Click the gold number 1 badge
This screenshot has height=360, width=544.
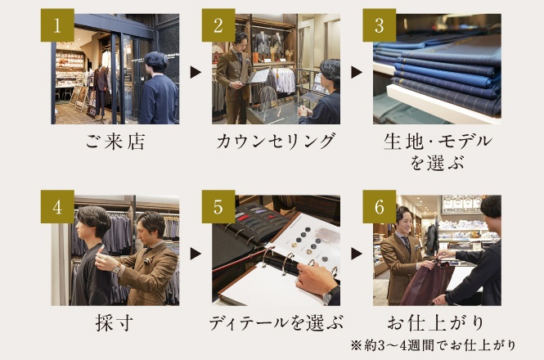[57, 25]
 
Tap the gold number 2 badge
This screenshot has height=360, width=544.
[218, 25]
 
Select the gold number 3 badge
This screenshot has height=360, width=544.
[380, 25]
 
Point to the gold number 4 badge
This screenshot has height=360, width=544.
[57, 206]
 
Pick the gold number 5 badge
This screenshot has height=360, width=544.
[218, 206]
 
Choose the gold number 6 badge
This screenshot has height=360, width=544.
[380, 206]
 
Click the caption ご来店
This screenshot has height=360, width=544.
[115, 142]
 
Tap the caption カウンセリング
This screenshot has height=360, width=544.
[276, 142]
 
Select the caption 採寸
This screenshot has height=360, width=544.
[115, 323]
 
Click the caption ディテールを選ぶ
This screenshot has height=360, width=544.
[276, 323]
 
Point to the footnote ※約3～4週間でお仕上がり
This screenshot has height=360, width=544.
[433, 345]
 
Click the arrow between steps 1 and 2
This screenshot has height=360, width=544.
[196, 72]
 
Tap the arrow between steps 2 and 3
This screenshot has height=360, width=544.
[357, 72]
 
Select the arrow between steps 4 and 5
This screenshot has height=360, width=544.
[196, 254]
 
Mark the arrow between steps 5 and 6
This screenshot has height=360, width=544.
[357, 254]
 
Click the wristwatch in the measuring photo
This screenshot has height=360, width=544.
[116, 268]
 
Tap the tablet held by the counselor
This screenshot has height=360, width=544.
[259, 76]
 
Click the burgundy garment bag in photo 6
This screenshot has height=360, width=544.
[426, 284]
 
